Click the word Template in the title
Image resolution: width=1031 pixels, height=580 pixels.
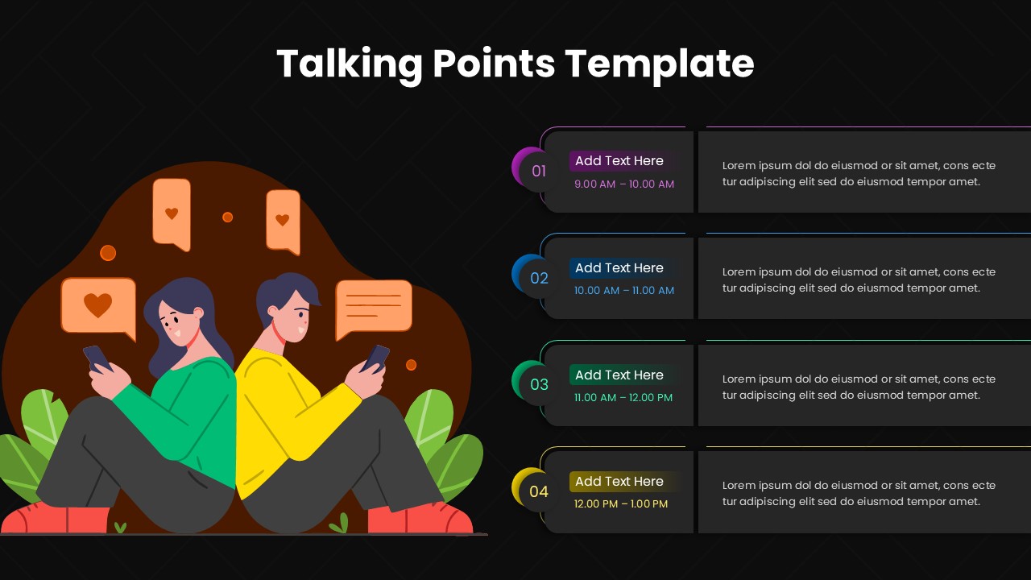click(x=659, y=64)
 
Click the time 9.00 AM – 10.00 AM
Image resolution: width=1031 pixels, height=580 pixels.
click(x=624, y=184)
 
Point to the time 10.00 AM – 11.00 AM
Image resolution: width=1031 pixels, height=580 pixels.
click(x=624, y=291)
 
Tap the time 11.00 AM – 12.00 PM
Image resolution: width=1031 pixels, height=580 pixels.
click(x=623, y=398)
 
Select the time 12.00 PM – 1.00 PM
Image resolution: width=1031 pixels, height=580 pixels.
click(x=621, y=504)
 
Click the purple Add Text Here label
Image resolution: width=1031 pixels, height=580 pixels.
click(x=619, y=161)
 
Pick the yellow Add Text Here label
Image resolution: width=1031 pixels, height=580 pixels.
click(x=619, y=482)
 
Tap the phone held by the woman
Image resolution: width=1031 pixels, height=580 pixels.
click(x=97, y=358)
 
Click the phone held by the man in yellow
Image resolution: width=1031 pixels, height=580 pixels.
click(x=375, y=358)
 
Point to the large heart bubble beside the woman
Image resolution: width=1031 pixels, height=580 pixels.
click(x=98, y=306)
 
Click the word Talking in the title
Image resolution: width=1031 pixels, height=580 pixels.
click(x=349, y=64)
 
